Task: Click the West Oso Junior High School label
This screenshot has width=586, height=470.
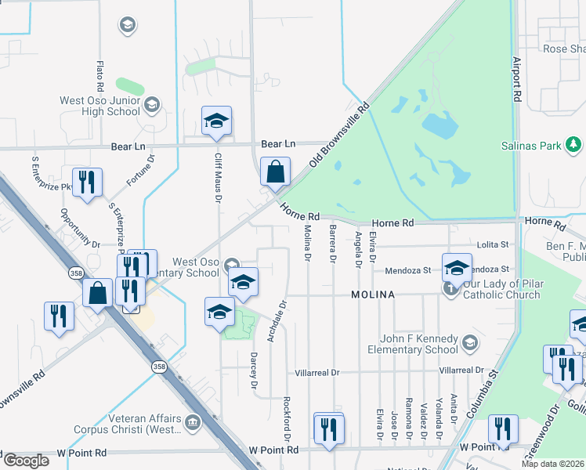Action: [x=100, y=106]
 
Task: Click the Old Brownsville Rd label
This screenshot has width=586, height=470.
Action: [x=339, y=134]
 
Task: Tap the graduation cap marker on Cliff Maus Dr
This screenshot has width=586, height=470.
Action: [x=216, y=121]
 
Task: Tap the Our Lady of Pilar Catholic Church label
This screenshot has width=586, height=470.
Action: [x=502, y=289]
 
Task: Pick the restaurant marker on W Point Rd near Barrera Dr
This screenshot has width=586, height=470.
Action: [x=328, y=428]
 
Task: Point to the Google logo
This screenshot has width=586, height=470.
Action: [x=25, y=461]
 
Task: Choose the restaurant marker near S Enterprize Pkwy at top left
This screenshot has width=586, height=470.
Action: [x=86, y=182]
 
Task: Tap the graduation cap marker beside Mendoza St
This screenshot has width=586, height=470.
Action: [x=456, y=268]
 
